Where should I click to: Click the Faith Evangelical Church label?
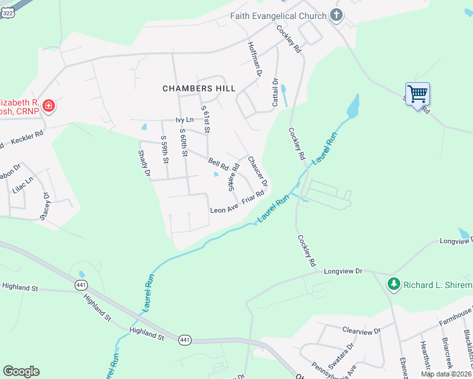pyautogui.click(x=278, y=16)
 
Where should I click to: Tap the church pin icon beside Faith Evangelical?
pyautogui.click(x=336, y=16)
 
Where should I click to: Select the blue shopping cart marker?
pyautogui.click(x=417, y=94)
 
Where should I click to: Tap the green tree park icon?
pyautogui.click(x=393, y=284)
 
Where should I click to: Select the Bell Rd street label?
pyautogui.click(x=219, y=163)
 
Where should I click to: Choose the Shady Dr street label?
pyautogui.click(x=145, y=163)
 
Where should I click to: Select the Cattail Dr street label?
pyautogui.click(x=275, y=92)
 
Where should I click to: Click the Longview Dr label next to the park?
pyautogui.click(x=342, y=271)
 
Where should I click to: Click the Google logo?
pyautogui.click(x=21, y=371)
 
